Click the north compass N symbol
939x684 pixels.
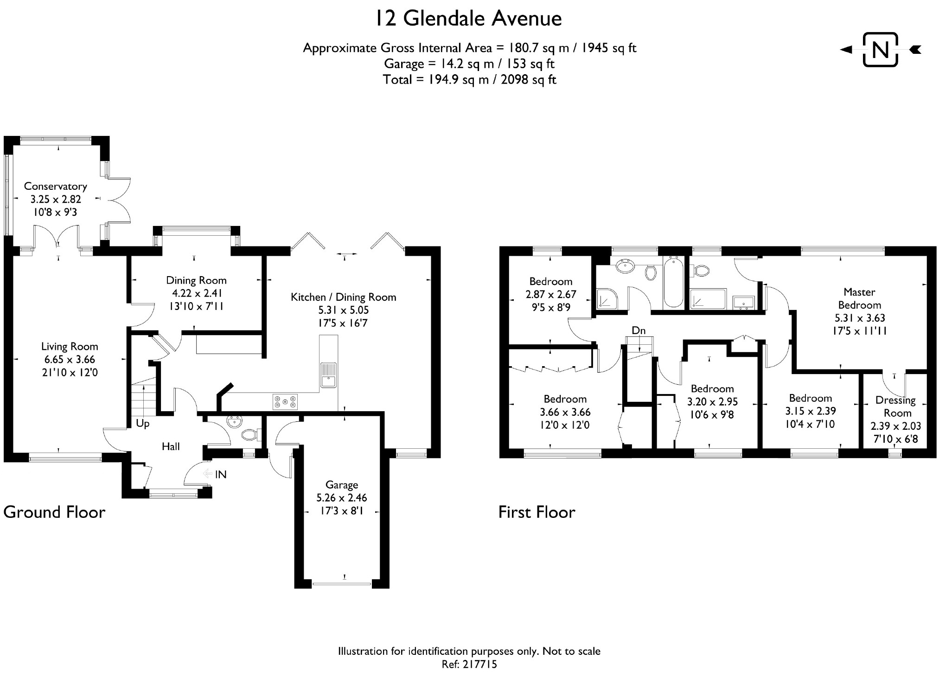(x=880, y=50)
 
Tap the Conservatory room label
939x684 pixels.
(x=55, y=187)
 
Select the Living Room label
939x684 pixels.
(x=70, y=347)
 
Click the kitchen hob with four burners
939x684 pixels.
(x=285, y=402)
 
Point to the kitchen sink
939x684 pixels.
(x=329, y=374)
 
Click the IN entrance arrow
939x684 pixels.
(x=216, y=474)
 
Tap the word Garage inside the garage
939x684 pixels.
(x=342, y=485)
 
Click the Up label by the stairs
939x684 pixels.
(x=143, y=424)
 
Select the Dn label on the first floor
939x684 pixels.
(x=639, y=331)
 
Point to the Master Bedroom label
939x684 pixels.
(x=859, y=298)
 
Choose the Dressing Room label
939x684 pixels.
(x=895, y=407)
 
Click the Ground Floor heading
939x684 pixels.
(x=54, y=512)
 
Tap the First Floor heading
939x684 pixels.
(x=537, y=512)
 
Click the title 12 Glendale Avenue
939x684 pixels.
(x=468, y=19)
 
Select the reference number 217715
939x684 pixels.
(x=482, y=665)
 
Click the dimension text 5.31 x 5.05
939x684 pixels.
(x=343, y=310)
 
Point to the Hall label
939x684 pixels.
(x=171, y=446)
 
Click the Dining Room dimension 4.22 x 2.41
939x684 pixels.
(x=196, y=293)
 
